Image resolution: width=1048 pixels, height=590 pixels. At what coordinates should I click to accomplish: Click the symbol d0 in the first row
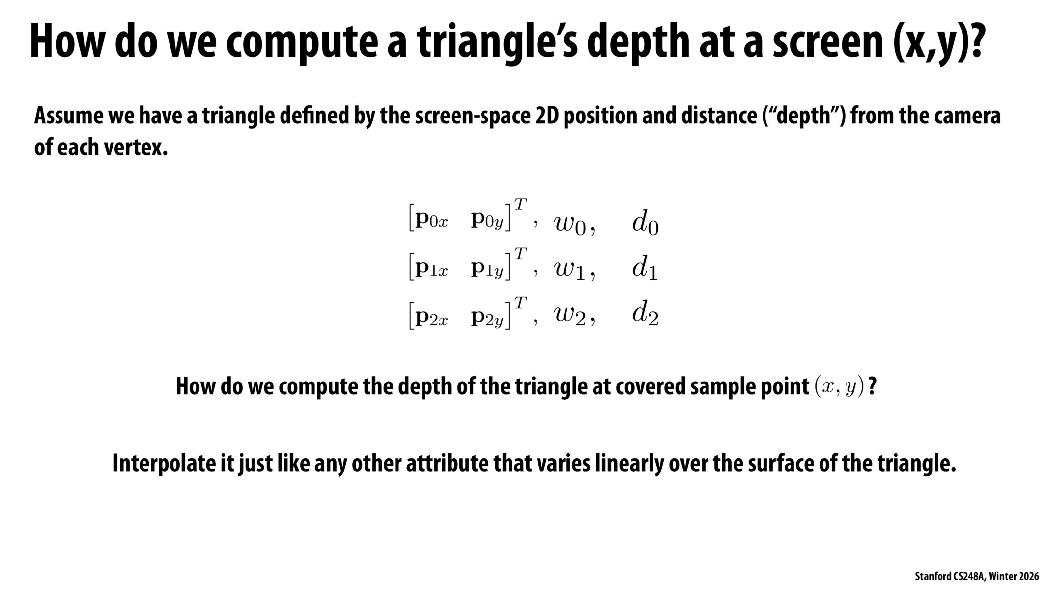[x=645, y=225]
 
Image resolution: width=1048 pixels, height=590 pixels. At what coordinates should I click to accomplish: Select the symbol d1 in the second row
[x=645, y=269]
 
